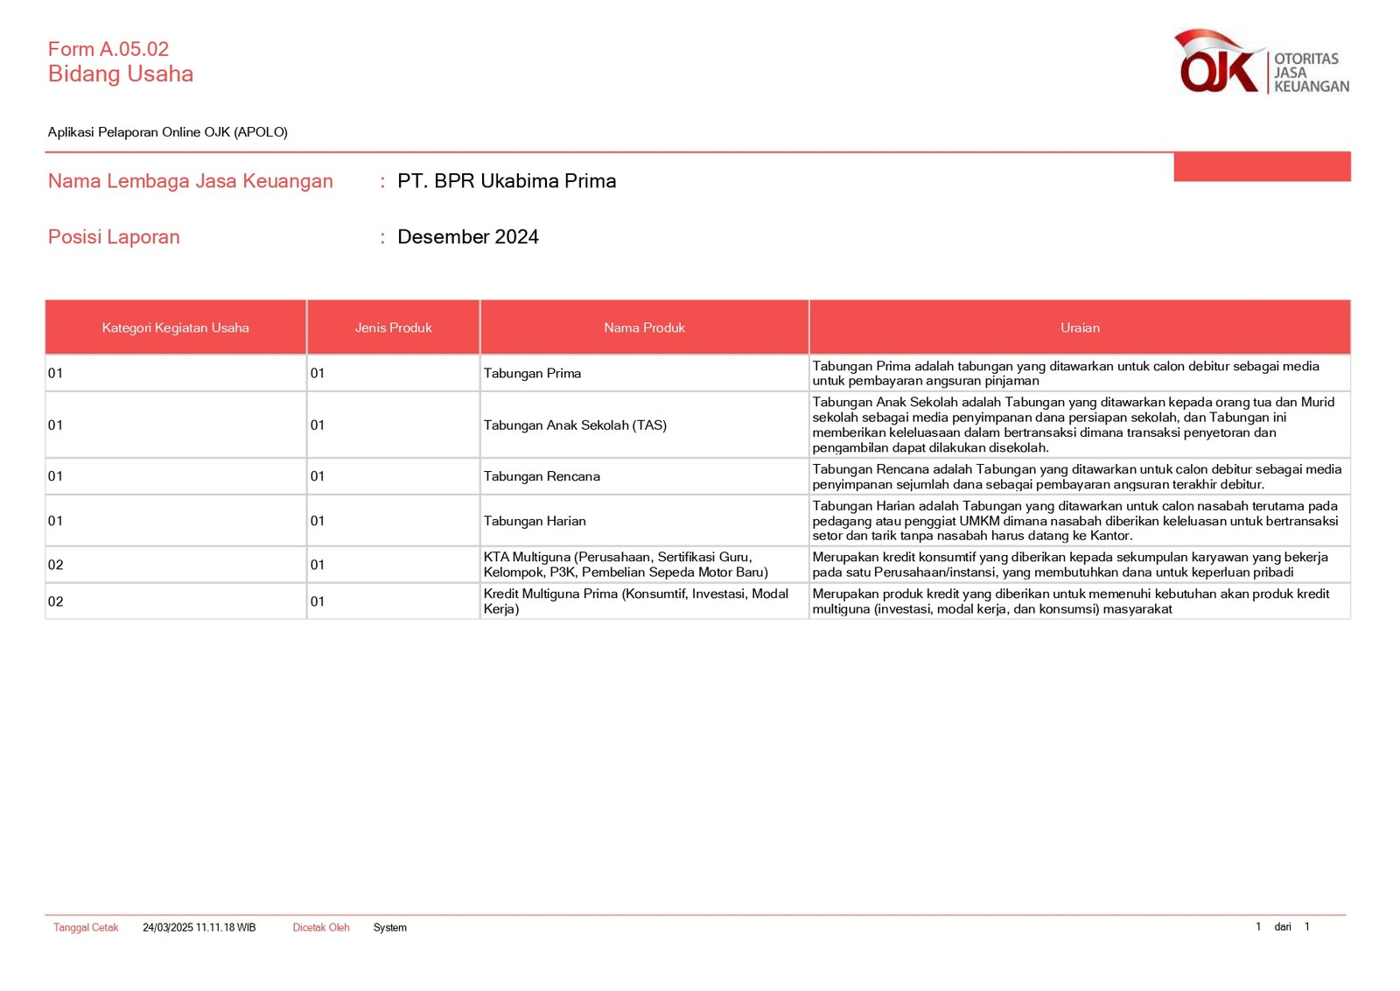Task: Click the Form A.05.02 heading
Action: tap(108, 49)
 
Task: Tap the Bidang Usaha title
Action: tap(121, 74)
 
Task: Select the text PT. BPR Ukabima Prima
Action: tap(507, 181)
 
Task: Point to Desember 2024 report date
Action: tap(468, 237)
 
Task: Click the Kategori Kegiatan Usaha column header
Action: tap(175, 327)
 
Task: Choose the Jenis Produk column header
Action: tap(393, 327)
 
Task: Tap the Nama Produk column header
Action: tap(644, 327)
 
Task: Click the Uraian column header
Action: tap(1080, 327)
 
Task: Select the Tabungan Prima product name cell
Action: tap(532, 374)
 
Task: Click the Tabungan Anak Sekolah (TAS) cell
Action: tap(575, 425)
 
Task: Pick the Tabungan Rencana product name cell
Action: tap(542, 477)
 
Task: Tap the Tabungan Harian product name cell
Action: tap(535, 521)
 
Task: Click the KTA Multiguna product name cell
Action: tap(626, 565)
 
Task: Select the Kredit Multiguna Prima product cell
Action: tap(636, 601)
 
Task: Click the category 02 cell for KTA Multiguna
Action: tap(56, 566)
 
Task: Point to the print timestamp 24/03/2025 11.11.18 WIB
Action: tap(199, 928)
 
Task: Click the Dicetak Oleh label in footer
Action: tap(321, 928)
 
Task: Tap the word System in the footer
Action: tap(389, 928)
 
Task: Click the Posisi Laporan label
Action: tap(114, 237)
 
